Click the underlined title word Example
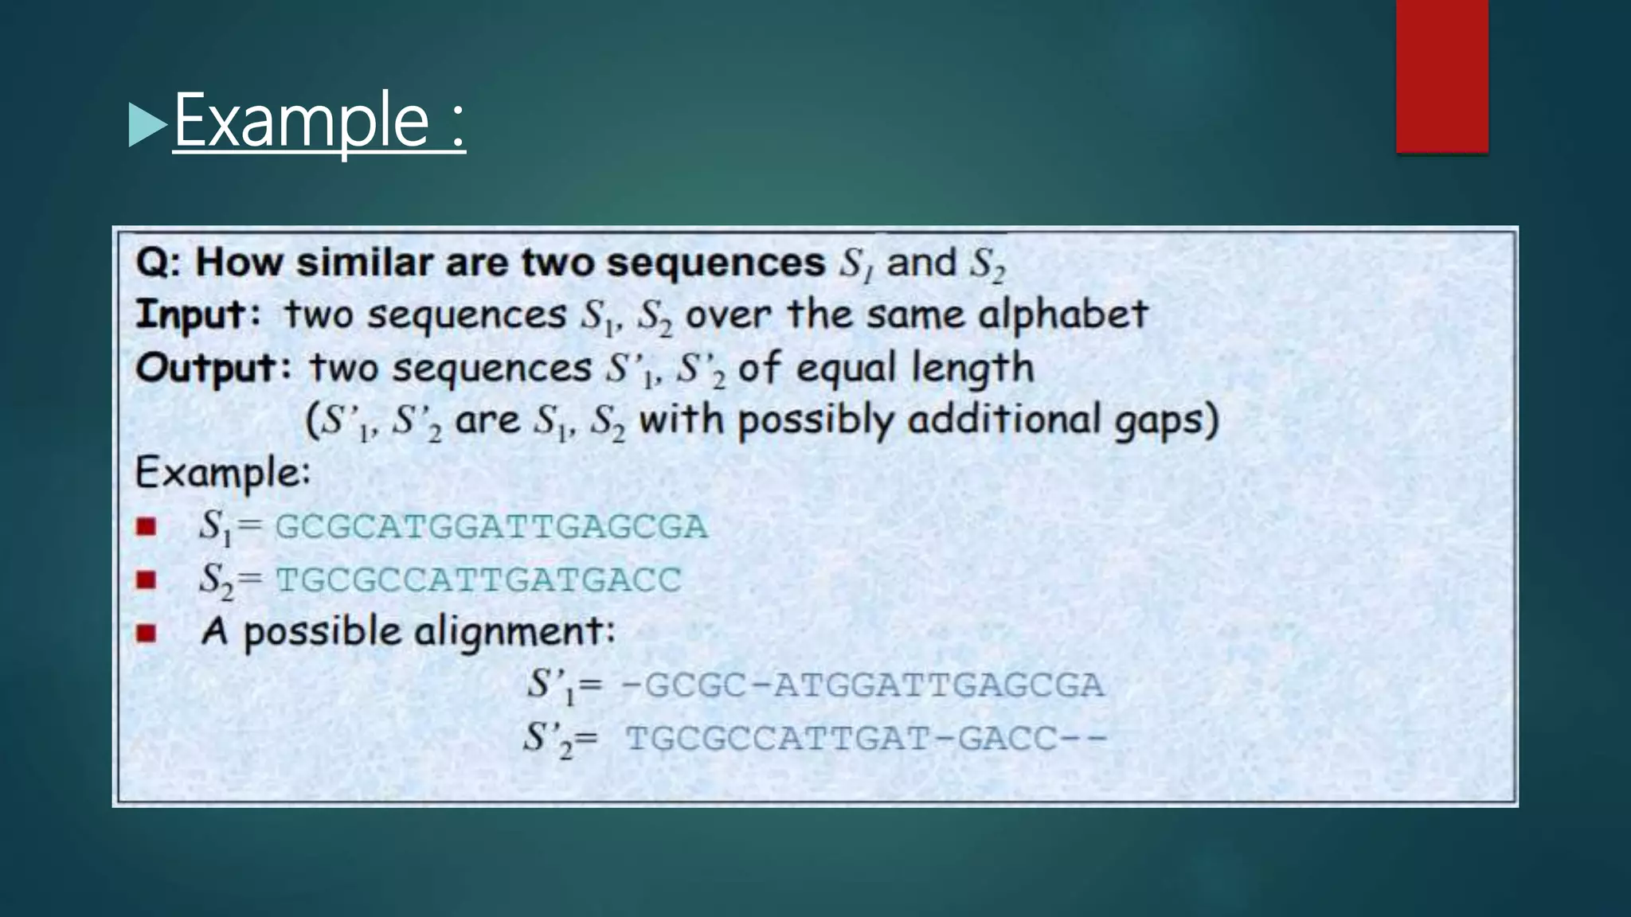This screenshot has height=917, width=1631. (302, 121)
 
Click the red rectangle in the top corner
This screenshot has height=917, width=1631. (1441, 76)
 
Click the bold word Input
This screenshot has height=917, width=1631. (191, 314)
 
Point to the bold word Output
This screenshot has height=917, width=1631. (205, 368)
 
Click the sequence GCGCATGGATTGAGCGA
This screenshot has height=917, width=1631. (491, 527)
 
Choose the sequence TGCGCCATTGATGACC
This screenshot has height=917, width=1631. (478, 579)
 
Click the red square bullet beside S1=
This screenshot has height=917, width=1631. (146, 527)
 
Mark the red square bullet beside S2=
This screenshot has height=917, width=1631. (146, 579)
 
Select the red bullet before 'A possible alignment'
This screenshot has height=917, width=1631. (146, 633)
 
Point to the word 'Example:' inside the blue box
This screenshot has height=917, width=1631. (222, 473)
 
